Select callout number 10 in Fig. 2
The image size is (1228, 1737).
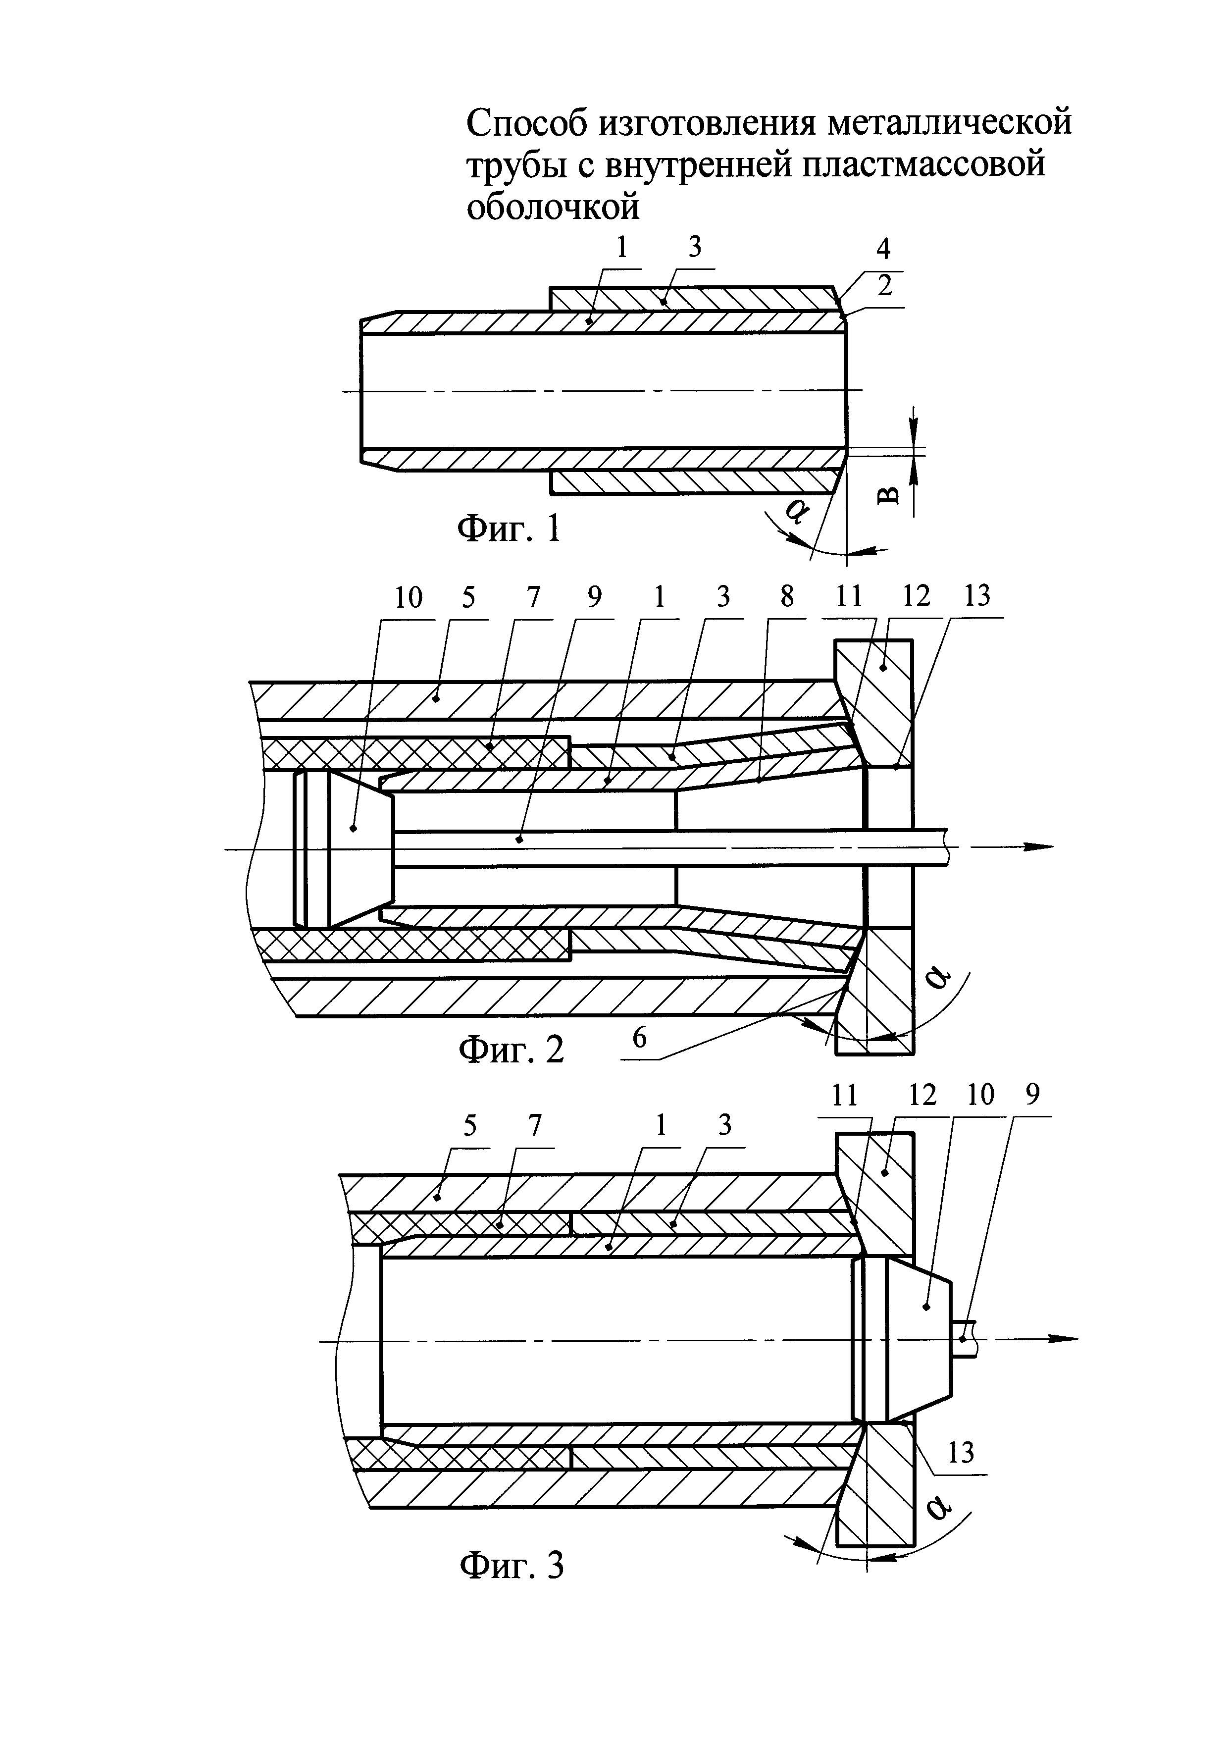point(409,598)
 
